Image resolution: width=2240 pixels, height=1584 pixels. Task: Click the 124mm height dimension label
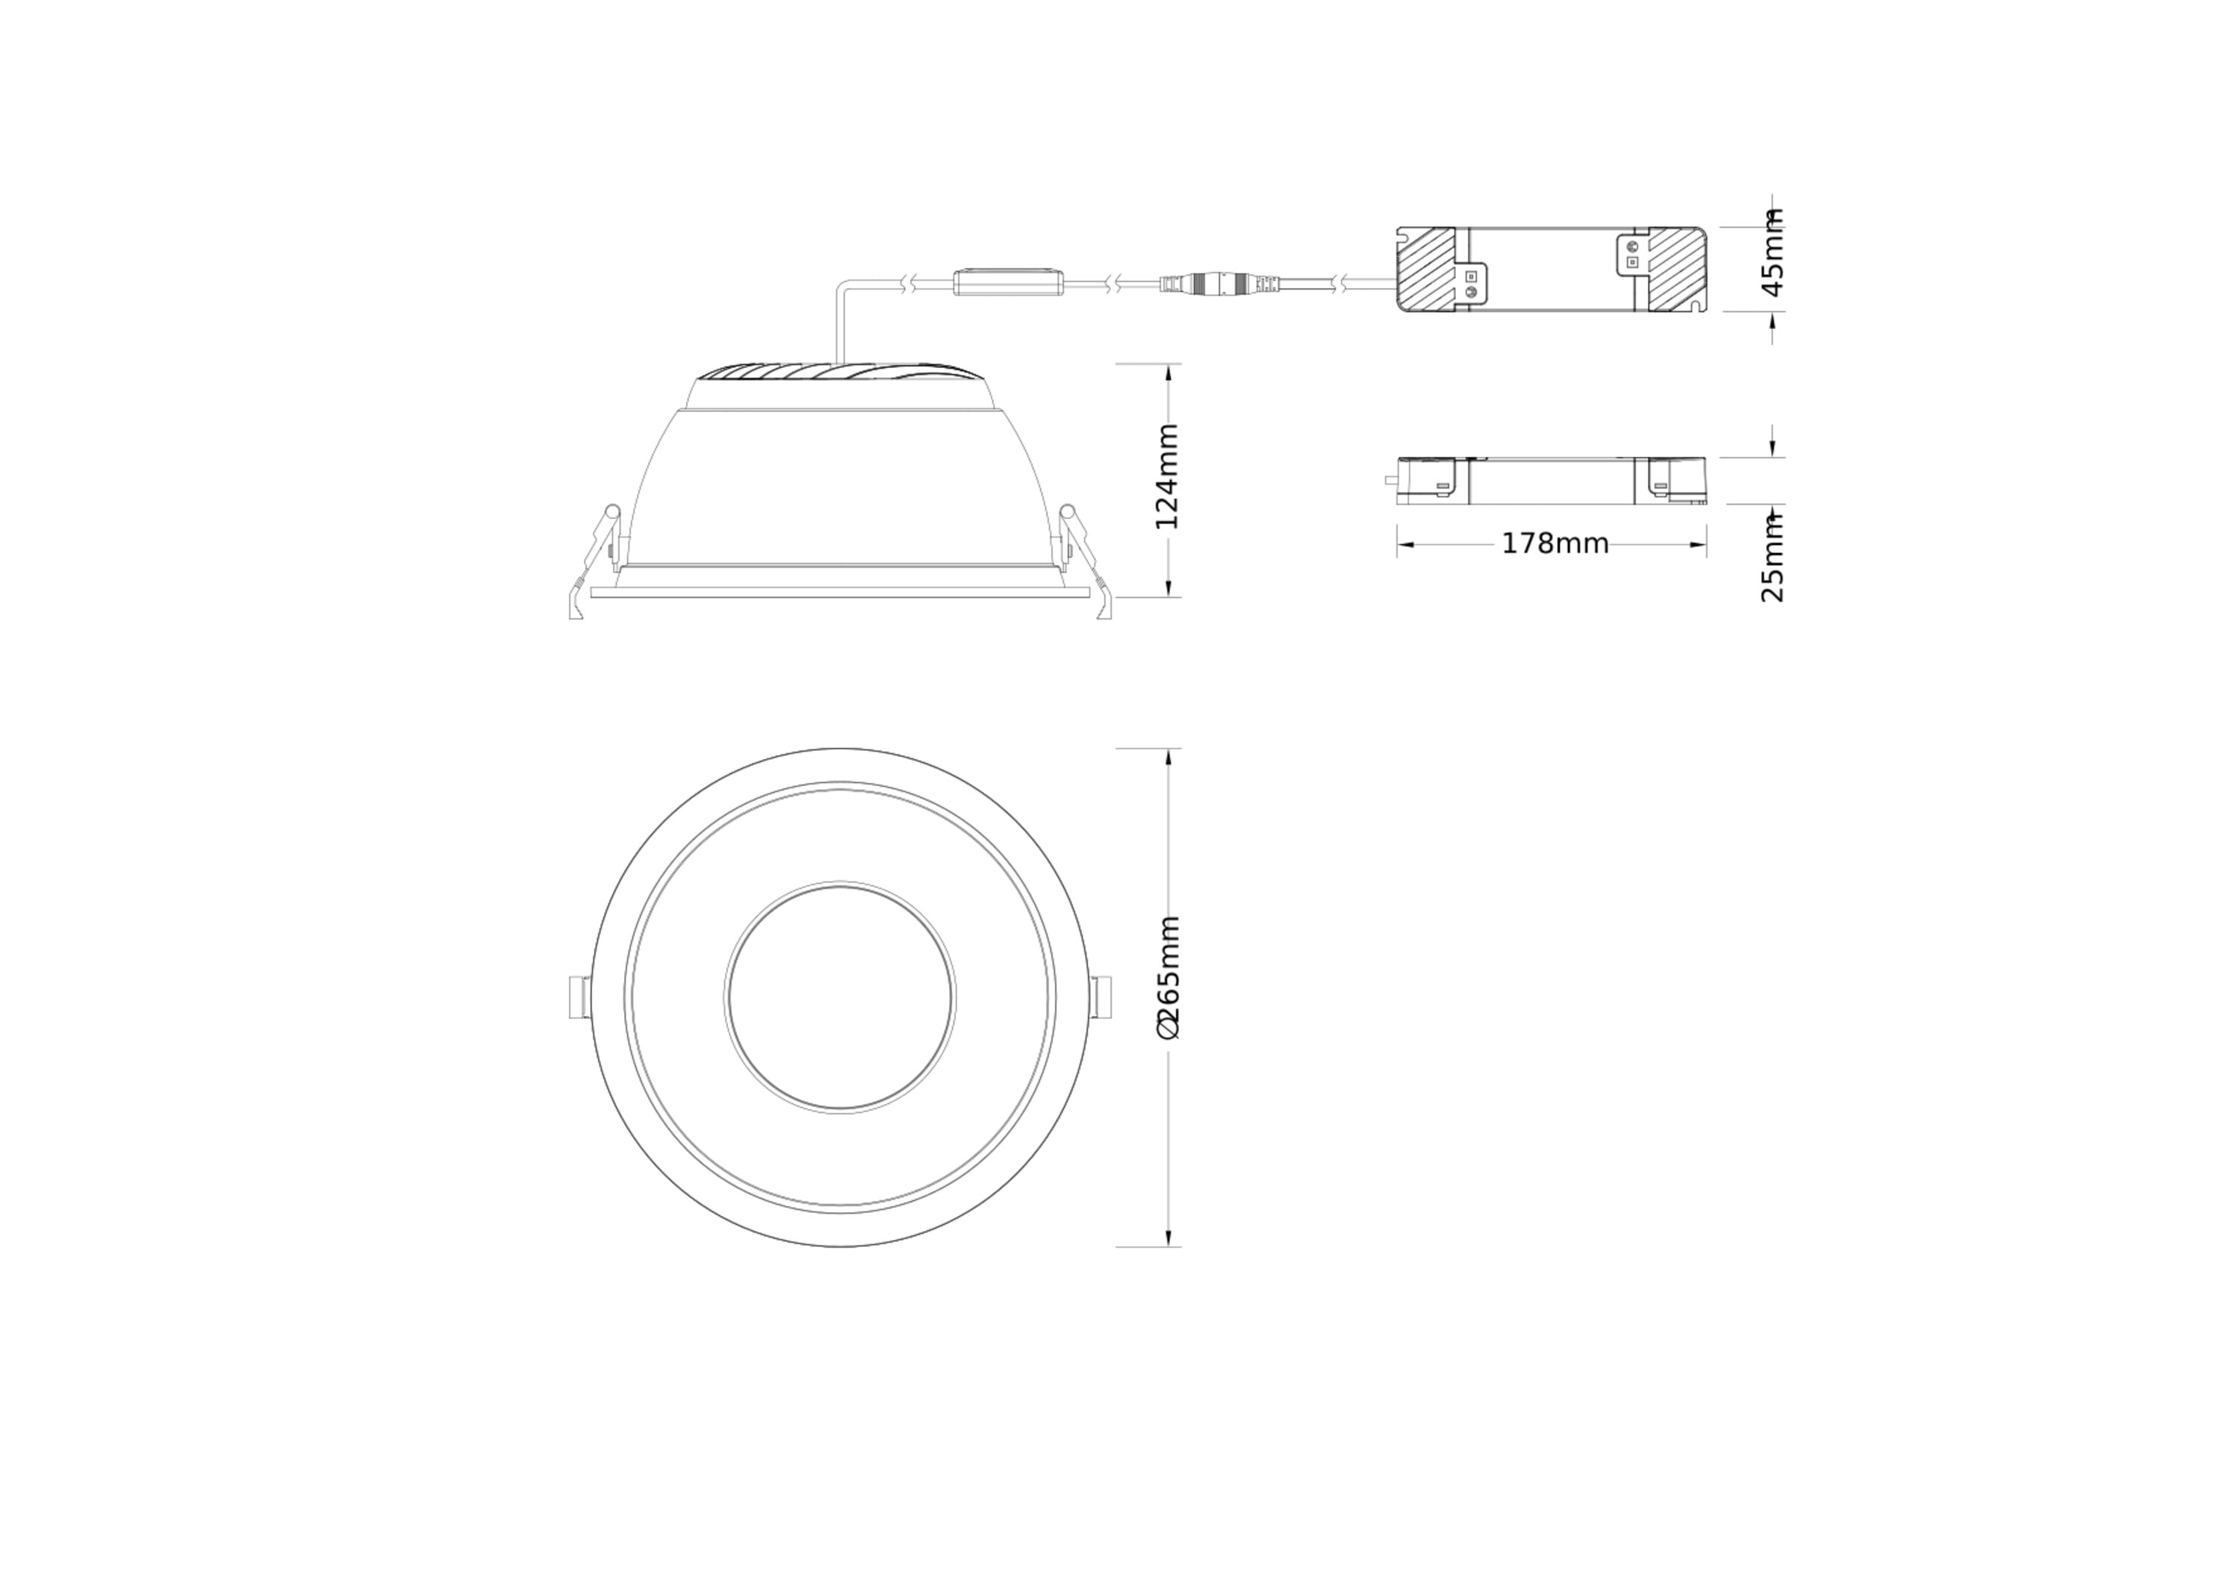1168,476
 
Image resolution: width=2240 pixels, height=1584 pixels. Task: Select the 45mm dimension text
1773,252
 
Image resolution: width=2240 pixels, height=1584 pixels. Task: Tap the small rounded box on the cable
1011,282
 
